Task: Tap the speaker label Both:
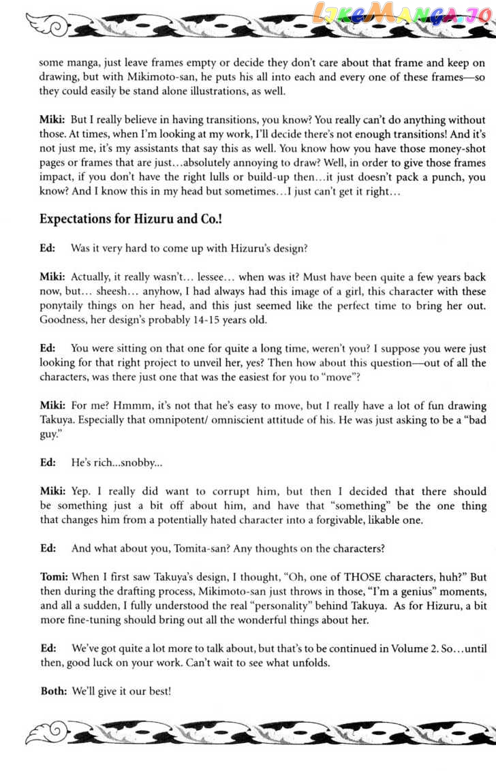click(x=54, y=691)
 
